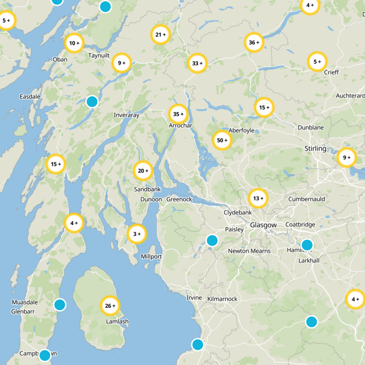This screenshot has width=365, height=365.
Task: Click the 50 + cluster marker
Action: point(222,141)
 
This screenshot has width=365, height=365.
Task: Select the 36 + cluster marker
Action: point(254,43)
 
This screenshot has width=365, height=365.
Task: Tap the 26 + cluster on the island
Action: point(110,306)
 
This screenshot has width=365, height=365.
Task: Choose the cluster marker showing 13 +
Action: point(258,198)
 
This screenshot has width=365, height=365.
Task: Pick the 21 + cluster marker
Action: point(161,35)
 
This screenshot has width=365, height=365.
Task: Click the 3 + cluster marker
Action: point(137,234)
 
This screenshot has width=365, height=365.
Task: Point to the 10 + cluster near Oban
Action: point(74,43)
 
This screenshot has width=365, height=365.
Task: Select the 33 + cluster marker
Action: point(198,63)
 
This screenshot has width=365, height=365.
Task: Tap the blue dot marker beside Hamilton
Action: point(307,245)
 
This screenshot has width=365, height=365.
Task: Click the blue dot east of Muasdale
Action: point(60,304)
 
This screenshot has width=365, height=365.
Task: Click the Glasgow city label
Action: point(263,225)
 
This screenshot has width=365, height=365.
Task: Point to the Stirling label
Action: point(315,149)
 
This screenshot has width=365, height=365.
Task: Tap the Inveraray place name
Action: point(126,115)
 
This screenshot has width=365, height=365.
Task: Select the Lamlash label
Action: point(116,321)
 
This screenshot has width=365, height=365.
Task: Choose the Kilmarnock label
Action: point(222,299)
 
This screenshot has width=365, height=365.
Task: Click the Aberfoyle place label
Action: point(241,130)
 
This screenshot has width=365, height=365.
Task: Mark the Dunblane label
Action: point(311,128)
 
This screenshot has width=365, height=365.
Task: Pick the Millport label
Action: point(151,256)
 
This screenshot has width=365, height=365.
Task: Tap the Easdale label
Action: point(30,97)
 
